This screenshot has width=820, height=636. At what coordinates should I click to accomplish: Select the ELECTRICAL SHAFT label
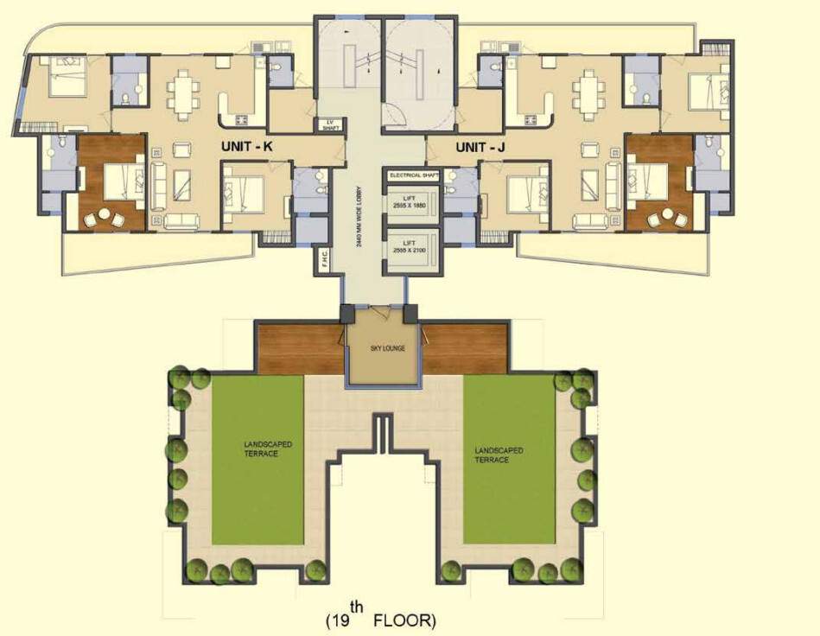point(414,175)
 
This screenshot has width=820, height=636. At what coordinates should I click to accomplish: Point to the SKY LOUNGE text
point(384,349)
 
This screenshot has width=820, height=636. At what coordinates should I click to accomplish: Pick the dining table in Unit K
point(183,91)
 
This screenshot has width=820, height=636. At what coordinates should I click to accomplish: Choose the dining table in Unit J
point(589,91)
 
